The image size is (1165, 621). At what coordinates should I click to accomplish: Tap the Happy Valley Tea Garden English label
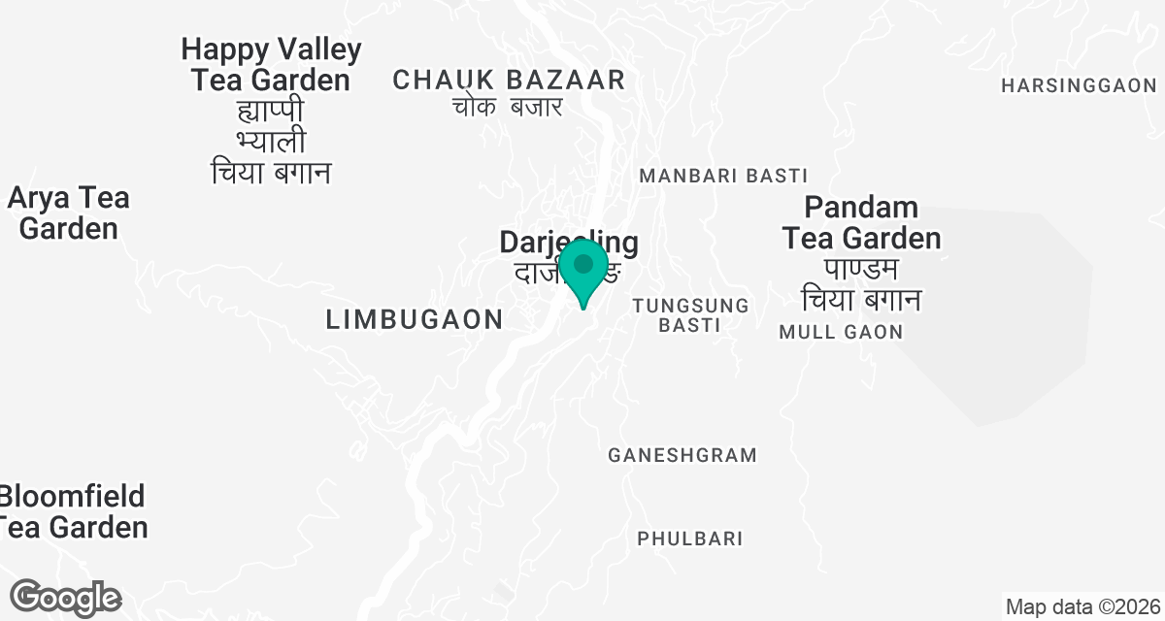click(x=271, y=64)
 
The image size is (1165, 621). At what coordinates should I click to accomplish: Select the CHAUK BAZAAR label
click(x=509, y=80)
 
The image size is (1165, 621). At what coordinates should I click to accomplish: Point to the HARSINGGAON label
click(x=1079, y=85)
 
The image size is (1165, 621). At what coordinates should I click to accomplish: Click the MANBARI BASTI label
click(x=723, y=176)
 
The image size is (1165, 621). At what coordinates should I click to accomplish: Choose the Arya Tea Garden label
click(x=68, y=213)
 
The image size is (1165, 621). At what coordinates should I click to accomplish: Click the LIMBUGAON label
click(x=415, y=318)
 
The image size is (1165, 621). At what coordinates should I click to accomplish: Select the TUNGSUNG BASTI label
click(x=690, y=315)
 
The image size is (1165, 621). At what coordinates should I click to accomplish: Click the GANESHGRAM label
click(x=682, y=455)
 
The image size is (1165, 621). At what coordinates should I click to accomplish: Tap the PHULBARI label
click(x=689, y=539)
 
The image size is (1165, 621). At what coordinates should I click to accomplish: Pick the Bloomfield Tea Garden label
click(x=73, y=511)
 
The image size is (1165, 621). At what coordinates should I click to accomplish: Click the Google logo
click(x=65, y=597)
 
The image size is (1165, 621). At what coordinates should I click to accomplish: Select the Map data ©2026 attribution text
click(x=1082, y=607)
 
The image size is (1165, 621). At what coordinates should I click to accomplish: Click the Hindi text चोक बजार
click(x=508, y=107)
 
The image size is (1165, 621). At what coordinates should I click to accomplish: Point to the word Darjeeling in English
click(x=568, y=242)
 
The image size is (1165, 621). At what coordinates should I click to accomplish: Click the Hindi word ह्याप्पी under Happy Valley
click(x=271, y=111)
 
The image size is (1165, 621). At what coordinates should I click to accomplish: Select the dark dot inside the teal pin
click(x=583, y=263)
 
